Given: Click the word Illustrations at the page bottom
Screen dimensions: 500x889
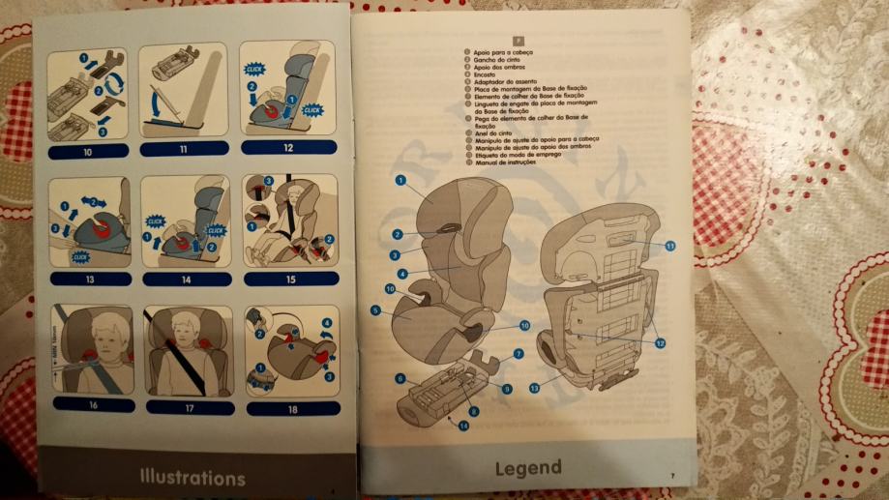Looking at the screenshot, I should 192,478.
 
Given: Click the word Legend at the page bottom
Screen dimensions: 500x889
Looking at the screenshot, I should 527,469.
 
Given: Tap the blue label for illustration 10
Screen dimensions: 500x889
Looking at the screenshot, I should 87,153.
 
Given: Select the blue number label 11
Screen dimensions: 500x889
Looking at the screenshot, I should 183,149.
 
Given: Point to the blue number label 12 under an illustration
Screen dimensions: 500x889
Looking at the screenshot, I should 287,148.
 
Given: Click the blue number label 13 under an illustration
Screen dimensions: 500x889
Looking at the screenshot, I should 90,279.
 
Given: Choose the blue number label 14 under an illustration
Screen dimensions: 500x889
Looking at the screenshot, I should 187,279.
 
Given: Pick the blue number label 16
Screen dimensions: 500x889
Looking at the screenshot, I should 93,405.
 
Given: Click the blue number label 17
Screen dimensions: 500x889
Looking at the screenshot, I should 189,407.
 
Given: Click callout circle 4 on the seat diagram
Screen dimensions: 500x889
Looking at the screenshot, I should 402,274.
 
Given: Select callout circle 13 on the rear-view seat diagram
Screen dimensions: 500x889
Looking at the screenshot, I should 534,388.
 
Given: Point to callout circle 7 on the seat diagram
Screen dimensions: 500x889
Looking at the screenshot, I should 518,355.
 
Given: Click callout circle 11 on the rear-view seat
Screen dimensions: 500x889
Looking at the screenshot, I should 669,246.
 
